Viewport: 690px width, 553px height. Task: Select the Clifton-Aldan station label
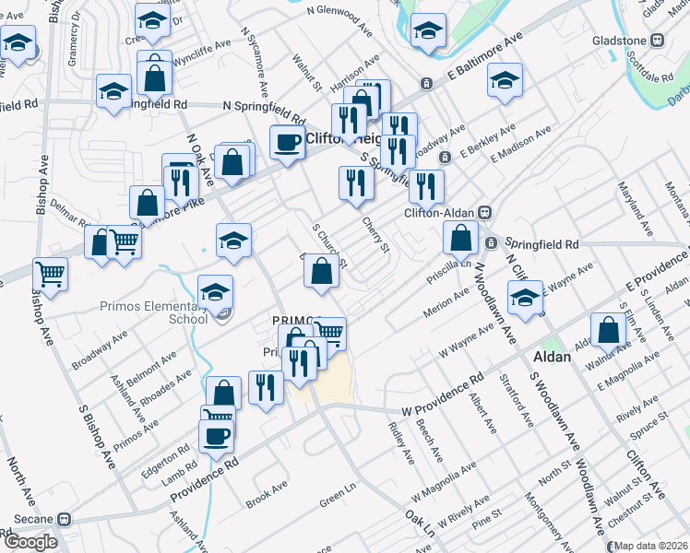tap(439, 213)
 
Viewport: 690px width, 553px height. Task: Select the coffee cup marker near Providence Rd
tap(217, 435)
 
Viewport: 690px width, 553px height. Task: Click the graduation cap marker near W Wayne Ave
tap(525, 300)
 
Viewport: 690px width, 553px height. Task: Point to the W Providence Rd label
tap(441, 394)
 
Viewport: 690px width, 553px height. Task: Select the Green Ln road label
tap(337, 500)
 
